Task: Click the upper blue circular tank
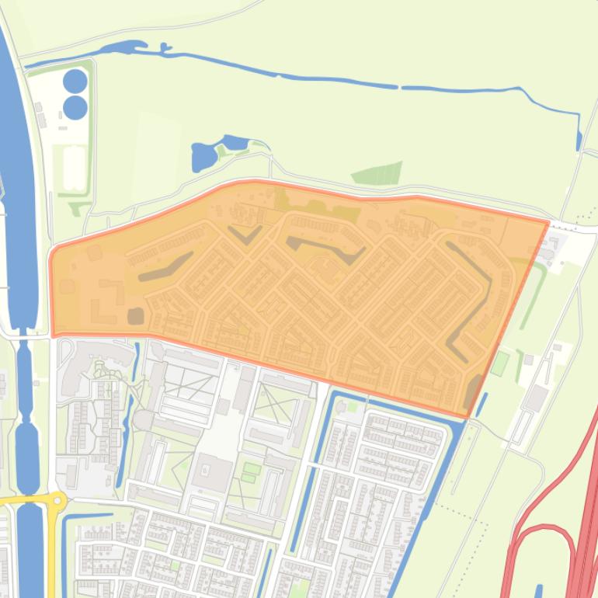point(75,80)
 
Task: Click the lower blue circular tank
point(75,107)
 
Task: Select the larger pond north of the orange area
point(204,158)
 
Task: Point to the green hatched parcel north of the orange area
point(379,173)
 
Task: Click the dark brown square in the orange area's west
point(135,315)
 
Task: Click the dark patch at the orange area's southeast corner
point(472,393)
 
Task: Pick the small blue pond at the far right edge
point(579,141)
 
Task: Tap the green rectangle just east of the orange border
point(502,362)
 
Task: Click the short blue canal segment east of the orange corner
point(481,405)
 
